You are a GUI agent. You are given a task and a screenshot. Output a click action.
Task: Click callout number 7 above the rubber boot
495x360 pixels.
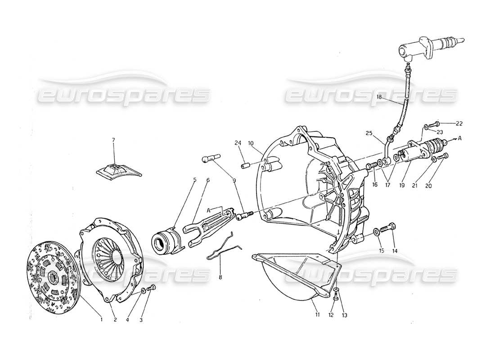pyautogui.click(x=113, y=140)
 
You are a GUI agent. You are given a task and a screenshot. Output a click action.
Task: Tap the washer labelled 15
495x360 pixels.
pyautogui.click(x=376, y=232)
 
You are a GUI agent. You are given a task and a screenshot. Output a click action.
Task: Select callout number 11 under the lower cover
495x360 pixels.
pyautogui.click(x=317, y=315)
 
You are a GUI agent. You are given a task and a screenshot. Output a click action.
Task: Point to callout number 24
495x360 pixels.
pyautogui.click(x=238, y=144)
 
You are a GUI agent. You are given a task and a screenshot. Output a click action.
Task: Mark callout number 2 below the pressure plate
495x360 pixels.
pyautogui.click(x=115, y=320)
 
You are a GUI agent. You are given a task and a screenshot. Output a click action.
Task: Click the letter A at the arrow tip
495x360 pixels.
pyautogui.click(x=460, y=139)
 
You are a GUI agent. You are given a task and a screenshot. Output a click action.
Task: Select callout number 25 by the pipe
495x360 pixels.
pyautogui.click(x=369, y=134)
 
